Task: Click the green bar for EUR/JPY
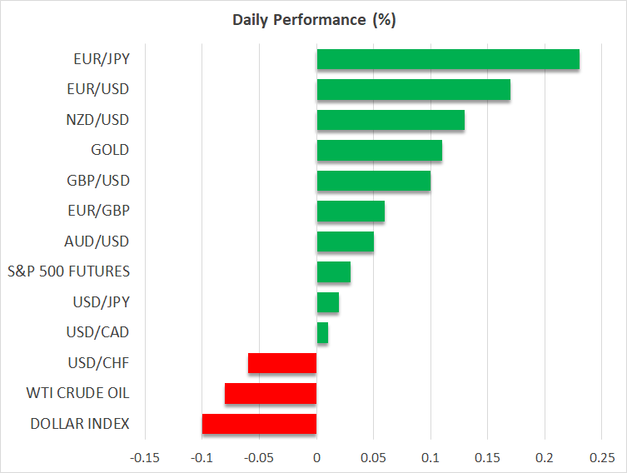point(448,59)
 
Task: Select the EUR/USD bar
point(413,90)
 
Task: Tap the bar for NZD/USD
point(391,120)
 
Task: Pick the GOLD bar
point(379,151)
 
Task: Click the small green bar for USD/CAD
point(322,333)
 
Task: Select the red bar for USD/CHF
point(282,363)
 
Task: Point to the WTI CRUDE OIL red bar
point(271,393)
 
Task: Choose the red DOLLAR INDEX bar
point(259,424)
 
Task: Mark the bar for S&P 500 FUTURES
point(333,272)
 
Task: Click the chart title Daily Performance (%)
point(313,20)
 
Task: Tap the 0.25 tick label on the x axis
point(602,458)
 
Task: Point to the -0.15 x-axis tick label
point(144,458)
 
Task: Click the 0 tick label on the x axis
point(316,458)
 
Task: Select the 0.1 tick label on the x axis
point(430,458)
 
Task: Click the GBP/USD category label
point(98,181)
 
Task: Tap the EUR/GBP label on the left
point(98,212)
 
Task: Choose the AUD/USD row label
point(97,241)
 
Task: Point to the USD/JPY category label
point(99,302)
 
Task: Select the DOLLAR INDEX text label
point(80,424)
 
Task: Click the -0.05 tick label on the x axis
point(259,458)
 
